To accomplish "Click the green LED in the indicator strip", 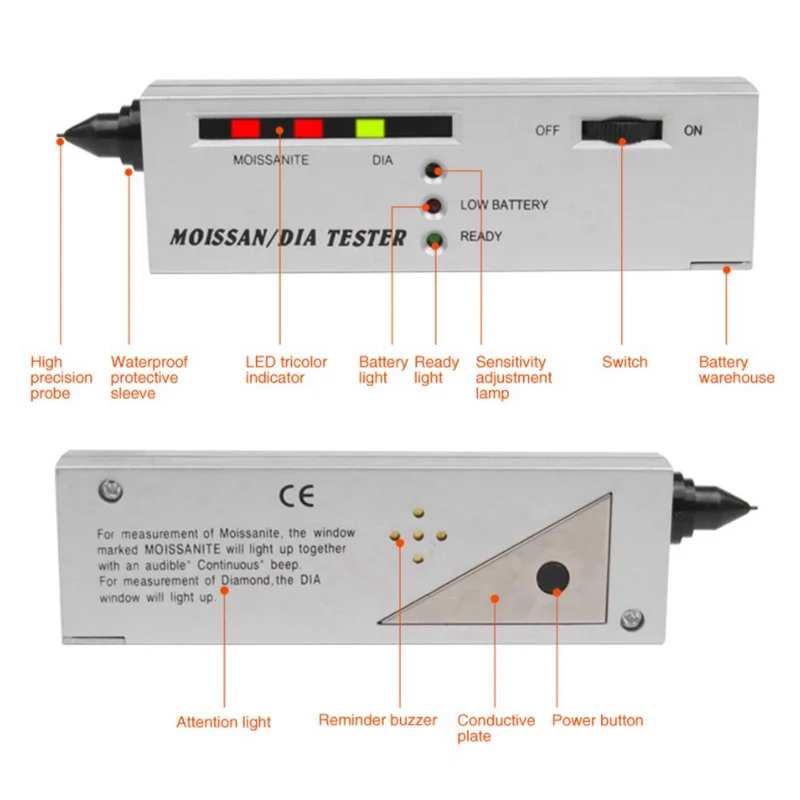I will coord(370,129).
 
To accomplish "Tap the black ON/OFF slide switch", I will coord(621,130).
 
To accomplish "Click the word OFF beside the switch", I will coord(547,131).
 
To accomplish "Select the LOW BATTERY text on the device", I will coord(504,205).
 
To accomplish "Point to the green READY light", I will coord(434,239).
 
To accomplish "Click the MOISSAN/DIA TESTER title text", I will coord(287,239).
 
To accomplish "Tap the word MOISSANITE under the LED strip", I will coord(270,160).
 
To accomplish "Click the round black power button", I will coord(552,578).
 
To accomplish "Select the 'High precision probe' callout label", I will coord(61,378).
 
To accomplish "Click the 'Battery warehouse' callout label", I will coord(736,370).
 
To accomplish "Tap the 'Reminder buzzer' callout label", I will coord(377,720).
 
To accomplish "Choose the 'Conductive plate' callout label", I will coord(495,728).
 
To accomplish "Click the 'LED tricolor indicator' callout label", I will coord(286,370).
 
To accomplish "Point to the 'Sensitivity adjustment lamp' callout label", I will coord(513,378).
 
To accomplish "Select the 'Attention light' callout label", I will coord(223,722).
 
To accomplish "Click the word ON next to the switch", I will coord(693,131).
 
